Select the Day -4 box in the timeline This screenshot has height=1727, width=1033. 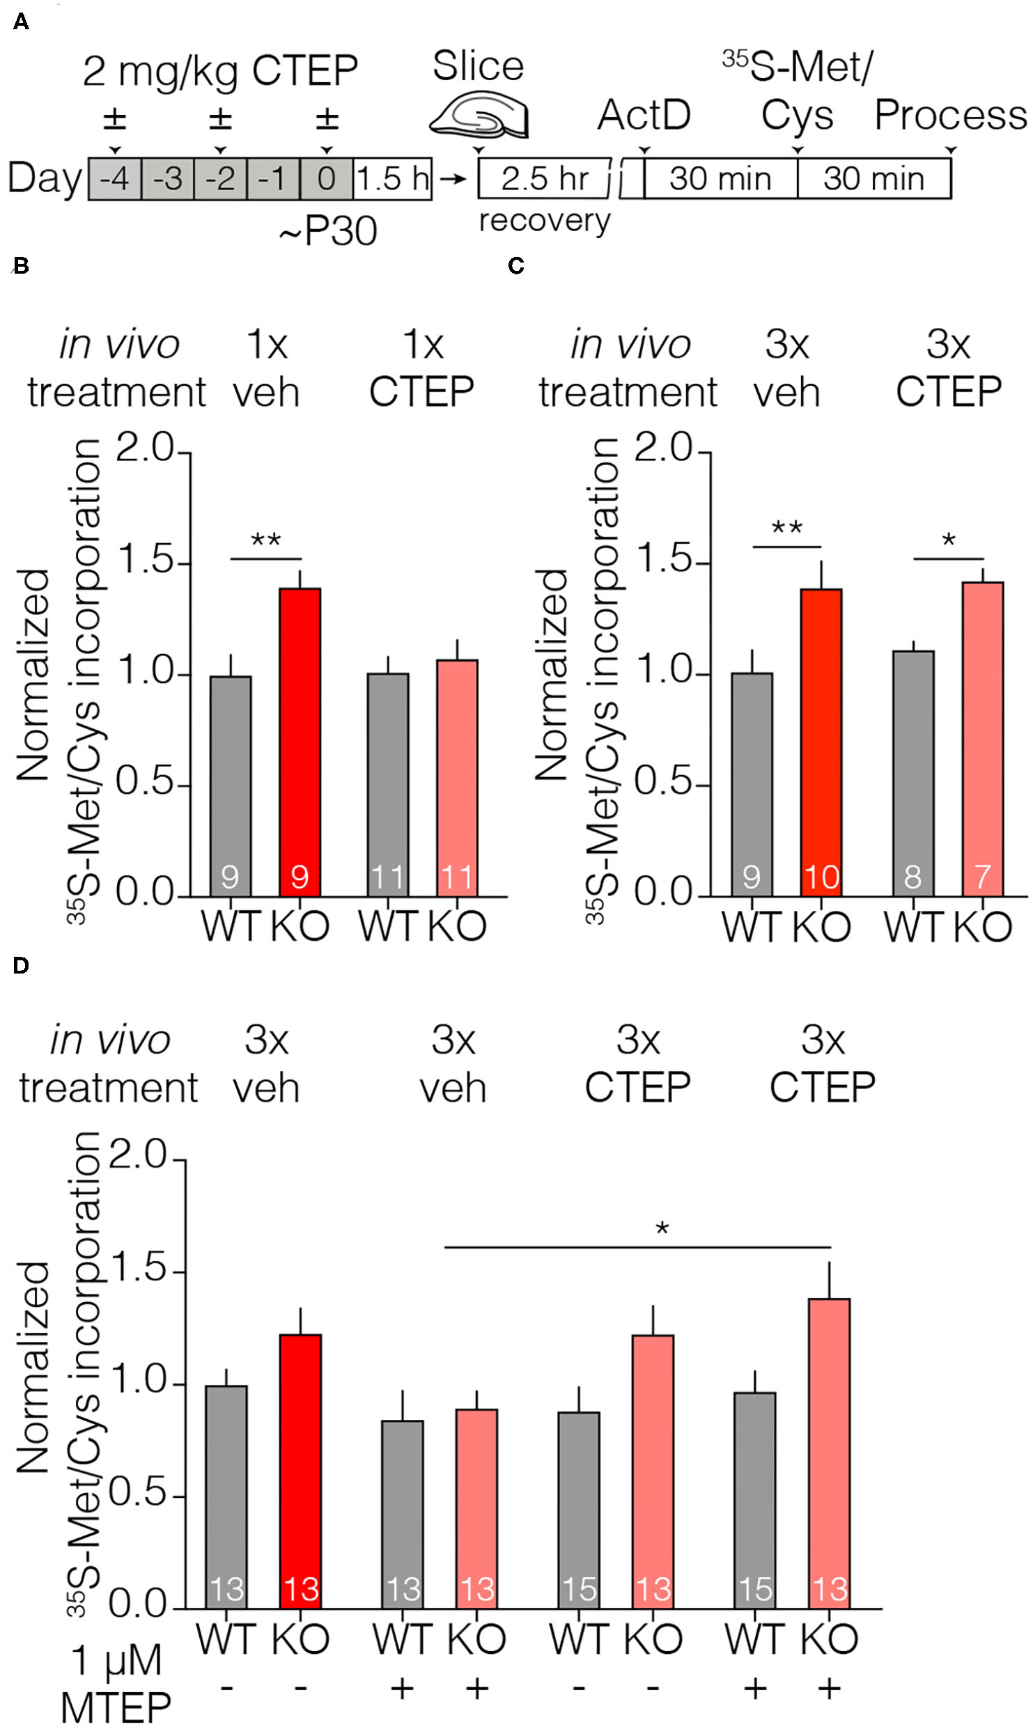point(114,180)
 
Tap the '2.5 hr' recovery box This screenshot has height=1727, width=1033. point(544,179)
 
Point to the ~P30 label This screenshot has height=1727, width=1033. point(327,231)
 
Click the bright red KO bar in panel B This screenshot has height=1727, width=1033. point(300,742)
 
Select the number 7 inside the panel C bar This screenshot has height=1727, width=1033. point(982,877)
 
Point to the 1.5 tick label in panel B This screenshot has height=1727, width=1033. point(145,561)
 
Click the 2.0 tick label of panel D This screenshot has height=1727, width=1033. point(139,1156)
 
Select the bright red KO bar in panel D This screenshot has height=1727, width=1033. point(300,1469)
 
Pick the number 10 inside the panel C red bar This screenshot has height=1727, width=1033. point(821,877)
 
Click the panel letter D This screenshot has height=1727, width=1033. point(21,966)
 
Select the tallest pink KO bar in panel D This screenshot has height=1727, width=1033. point(829,1452)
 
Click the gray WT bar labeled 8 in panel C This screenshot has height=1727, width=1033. point(913,773)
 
